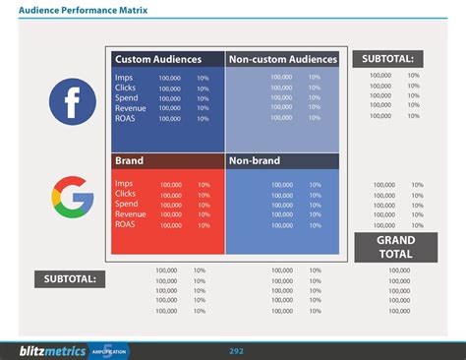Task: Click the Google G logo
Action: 72,196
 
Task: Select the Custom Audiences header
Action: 157,59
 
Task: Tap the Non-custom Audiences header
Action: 282,59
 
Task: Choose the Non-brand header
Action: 255,160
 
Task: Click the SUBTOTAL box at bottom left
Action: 69,279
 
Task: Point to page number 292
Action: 237,350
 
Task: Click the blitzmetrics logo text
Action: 52,350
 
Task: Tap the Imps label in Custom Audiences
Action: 124,77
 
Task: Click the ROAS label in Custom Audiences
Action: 126,118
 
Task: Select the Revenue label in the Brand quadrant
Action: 131,214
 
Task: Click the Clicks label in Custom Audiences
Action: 126,87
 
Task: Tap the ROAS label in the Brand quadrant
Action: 126,224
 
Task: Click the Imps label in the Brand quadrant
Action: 124,183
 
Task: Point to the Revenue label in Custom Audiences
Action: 131,108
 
